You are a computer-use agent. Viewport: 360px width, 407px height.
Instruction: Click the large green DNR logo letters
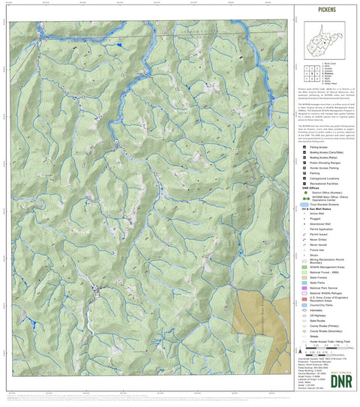328,379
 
